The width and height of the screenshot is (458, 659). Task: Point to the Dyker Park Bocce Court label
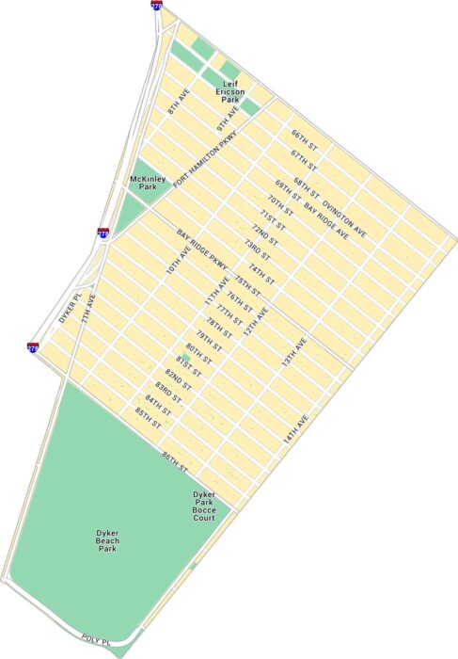click(204, 506)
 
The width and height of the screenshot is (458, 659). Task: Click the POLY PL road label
click(97, 639)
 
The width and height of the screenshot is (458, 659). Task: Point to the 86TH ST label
click(175, 461)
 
